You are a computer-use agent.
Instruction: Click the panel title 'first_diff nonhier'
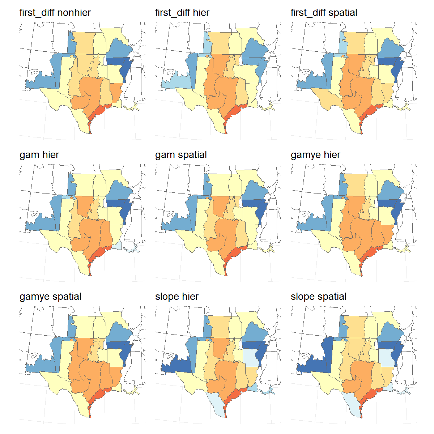coord(55,13)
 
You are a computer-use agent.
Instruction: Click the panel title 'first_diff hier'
coord(182,13)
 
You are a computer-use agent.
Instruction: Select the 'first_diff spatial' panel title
coord(324,13)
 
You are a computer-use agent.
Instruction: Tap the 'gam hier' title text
coord(39,155)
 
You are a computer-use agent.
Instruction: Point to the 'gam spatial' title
coord(181,155)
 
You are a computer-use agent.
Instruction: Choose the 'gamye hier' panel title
coord(315,155)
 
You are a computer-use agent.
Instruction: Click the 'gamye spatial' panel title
coord(50,297)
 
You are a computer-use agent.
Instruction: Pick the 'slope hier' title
coord(176,297)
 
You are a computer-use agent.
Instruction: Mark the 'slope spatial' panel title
coord(318,297)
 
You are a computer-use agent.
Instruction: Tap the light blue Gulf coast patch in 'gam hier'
coord(116,247)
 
